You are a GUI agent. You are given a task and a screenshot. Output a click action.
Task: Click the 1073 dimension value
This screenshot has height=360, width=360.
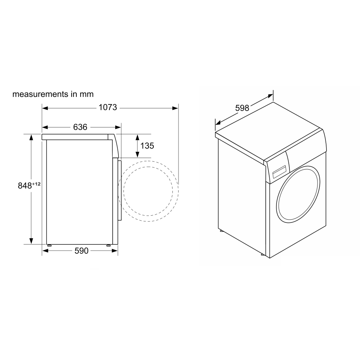pyautogui.click(x=108, y=107)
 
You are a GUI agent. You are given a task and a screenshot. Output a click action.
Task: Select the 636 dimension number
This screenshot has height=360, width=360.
pyautogui.click(x=80, y=127)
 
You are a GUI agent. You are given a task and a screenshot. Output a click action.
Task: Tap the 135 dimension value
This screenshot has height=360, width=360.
pyautogui.click(x=147, y=146)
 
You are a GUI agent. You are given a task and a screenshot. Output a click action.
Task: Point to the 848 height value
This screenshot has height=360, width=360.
pyautogui.click(x=25, y=186)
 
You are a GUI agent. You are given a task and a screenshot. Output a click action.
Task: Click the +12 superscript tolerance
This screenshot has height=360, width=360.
pyautogui.click(x=36, y=184)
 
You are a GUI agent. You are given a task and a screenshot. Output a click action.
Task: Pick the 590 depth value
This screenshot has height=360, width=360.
pyautogui.click(x=81, y=251)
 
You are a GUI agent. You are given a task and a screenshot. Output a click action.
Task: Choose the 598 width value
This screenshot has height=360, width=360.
pyautogui.click(x=242, y=108)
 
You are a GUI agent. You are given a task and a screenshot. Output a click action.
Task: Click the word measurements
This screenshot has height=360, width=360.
pyautogui.click(x=40, y=94)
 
